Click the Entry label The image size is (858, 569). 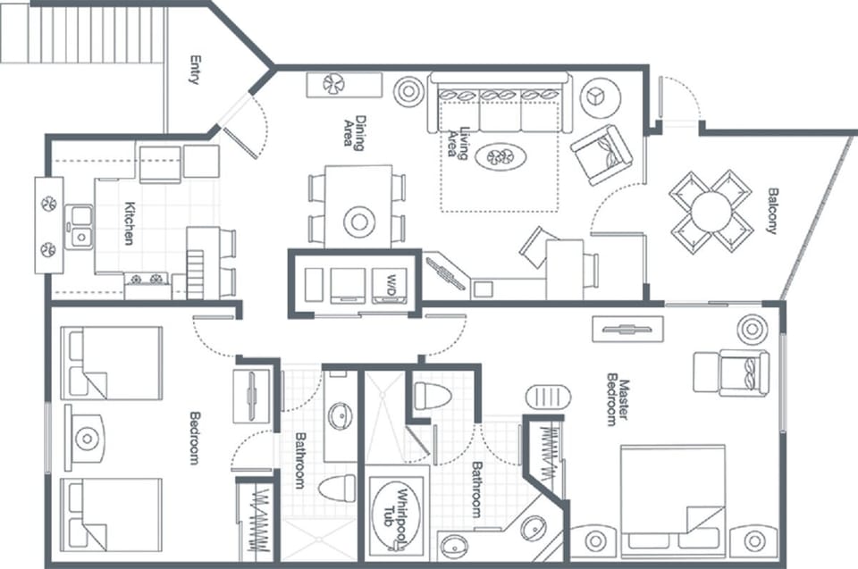(x=194, y=70)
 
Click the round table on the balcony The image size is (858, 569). (x=712, y=211)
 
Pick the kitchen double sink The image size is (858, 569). (x=81, y=226)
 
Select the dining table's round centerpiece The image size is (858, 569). (x=359, y=221)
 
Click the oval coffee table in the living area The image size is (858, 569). (x=500, y=157)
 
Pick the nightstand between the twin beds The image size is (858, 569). (x=86, y=438)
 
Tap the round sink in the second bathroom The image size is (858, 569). (x=340, y=415)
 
